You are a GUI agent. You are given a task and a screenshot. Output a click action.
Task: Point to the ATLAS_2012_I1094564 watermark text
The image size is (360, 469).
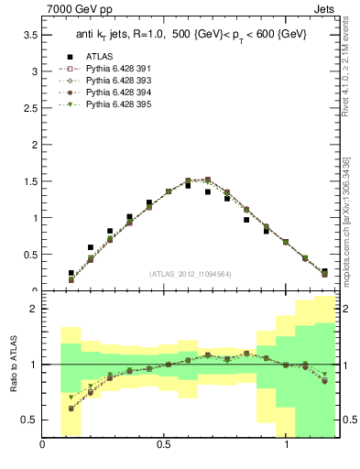190,273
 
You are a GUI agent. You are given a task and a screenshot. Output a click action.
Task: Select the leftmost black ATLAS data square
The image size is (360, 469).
71,273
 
